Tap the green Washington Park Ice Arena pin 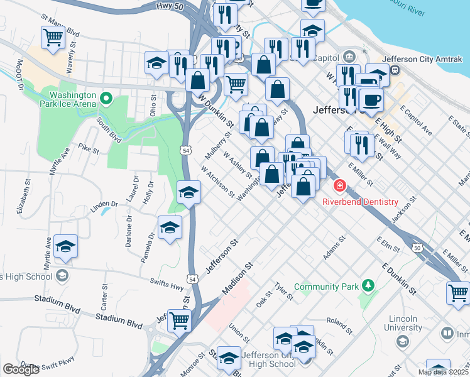pos(106,98)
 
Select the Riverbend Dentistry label pos(360,202)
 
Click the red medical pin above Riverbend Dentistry pos(339,186)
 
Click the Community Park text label pos(325,287)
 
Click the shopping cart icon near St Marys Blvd pos(53,38)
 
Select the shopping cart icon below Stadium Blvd pos(180,320)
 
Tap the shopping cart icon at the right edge pos(459,292)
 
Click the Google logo pos(21,369)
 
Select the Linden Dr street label pos(104,205)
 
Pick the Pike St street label pos(89,149)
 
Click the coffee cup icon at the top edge pos(312,3)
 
